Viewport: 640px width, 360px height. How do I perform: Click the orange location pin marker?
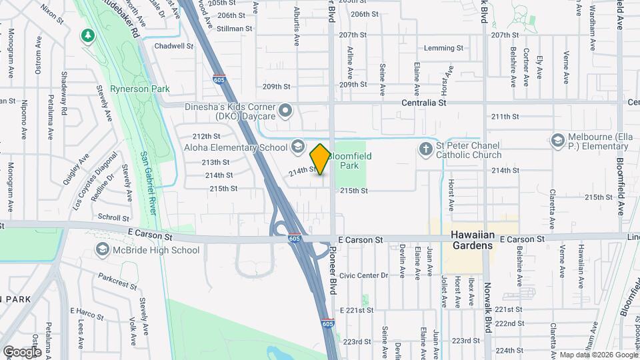[x=320, y=159]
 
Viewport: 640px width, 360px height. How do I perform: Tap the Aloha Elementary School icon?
[x=297, y=146]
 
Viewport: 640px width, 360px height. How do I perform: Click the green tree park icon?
[x=87, y=35]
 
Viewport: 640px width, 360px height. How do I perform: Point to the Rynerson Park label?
[x=140, y=89]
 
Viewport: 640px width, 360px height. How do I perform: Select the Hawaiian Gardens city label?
[x=472, y=240]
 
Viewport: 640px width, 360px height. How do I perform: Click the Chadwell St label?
[x=173, y=47]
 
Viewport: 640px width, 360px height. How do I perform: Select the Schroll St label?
[x=113, y=217]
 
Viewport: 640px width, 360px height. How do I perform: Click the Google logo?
[x=23, y=351]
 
